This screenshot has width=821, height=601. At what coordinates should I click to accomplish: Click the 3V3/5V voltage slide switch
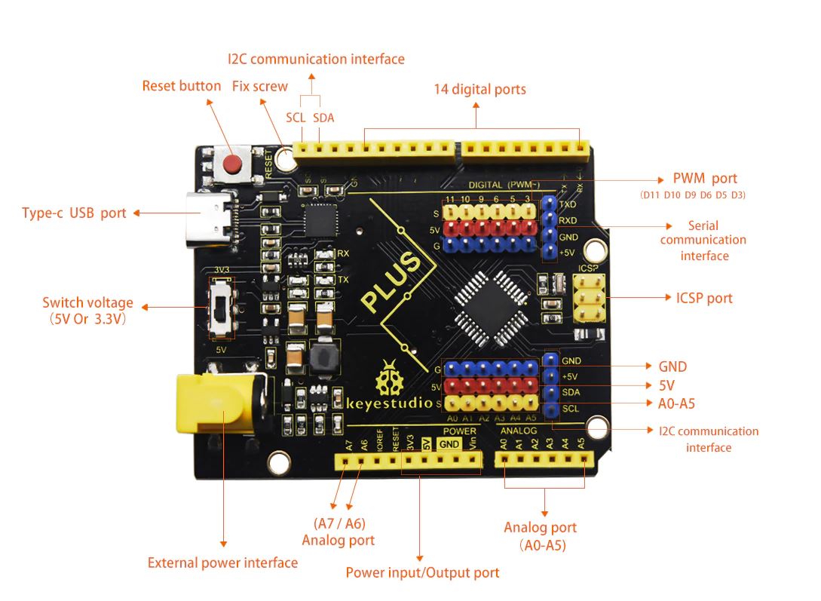pos(221,308)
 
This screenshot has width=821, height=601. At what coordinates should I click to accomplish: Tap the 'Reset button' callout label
pos(182,86)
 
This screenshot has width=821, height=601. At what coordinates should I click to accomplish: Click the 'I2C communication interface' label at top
pos(316,59)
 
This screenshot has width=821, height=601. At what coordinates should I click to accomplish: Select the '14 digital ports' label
pos(479,89)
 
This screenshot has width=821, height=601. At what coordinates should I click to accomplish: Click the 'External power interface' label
pos(222,563)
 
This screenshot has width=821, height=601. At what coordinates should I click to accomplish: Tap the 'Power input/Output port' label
pos(422,572)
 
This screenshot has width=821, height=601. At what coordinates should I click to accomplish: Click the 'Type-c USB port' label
pos(74,213)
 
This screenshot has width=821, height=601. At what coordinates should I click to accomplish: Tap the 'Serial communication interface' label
pos(703,241)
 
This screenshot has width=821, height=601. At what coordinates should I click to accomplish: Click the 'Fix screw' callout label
pos(259,86)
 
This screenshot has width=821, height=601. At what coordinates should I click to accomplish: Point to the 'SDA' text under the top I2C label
pos(323,118)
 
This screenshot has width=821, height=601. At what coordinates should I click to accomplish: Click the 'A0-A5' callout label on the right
pos(676,403)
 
